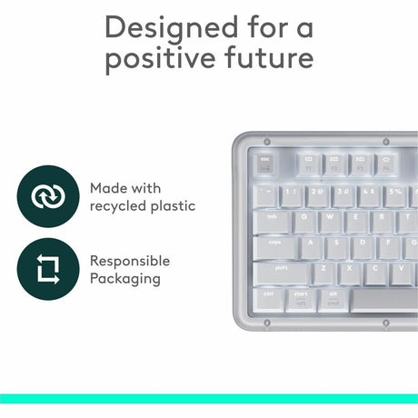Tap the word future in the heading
264,60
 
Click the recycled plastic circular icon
43,196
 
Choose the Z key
324,272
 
